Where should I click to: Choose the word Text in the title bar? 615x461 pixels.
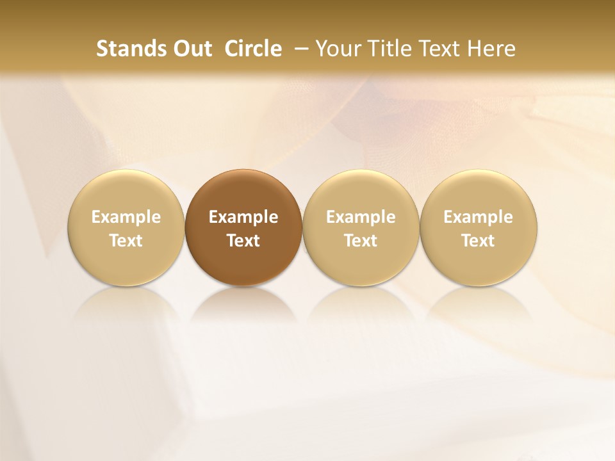[437, 49]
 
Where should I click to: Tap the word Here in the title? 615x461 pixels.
[491, 49]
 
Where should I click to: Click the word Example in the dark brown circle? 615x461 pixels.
[243, 217]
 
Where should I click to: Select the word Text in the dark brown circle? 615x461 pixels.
[243, 241]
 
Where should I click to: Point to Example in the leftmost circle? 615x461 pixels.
[126, 217]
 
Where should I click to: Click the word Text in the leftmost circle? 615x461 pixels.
[126, 241]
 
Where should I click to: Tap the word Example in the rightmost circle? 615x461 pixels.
[478, 217]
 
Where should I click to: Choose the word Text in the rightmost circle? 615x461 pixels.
[478, 241]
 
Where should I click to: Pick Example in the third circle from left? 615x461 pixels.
[361, 217]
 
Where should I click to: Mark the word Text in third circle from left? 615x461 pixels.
[361, 241]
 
